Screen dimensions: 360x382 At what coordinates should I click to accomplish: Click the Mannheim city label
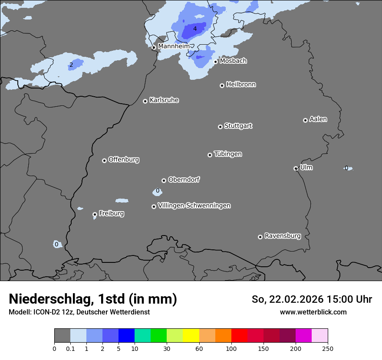click(x=174, y=46)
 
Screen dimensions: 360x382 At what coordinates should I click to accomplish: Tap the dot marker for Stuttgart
click(x=220, y=127)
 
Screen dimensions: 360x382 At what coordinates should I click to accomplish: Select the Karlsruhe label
click(x=164, y=100)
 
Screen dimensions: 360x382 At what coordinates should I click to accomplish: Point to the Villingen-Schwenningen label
click(x=194, y=206)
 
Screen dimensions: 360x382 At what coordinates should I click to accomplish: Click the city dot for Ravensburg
click(x=260, y=237)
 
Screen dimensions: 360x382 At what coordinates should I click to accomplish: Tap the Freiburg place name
click(x=111, y=213)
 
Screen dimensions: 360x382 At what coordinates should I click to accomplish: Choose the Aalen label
click(x=318, y=119)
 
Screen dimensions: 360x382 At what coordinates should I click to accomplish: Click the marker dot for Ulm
click(x=296, y=168)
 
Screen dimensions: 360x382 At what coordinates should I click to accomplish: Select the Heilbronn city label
click(x=241, y=85)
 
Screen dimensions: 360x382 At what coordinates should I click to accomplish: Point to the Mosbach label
click(x=233, y=61)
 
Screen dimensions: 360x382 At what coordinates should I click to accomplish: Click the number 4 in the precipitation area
click(x=195, y=29)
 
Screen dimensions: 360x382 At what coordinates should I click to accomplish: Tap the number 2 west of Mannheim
click(x=71, y=65)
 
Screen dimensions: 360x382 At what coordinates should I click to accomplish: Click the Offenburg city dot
click(x=104, y=160)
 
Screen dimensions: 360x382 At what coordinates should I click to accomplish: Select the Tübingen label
click(x=228, y=154)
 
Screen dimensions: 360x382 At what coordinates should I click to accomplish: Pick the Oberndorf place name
click(x=184, y=180)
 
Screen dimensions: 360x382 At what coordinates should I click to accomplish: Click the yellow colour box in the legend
click(x=191, y=336)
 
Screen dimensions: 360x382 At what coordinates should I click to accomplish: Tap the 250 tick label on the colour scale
click(x=328, y=348)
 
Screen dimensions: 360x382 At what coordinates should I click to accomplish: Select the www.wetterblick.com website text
click(x=313, y=312)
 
